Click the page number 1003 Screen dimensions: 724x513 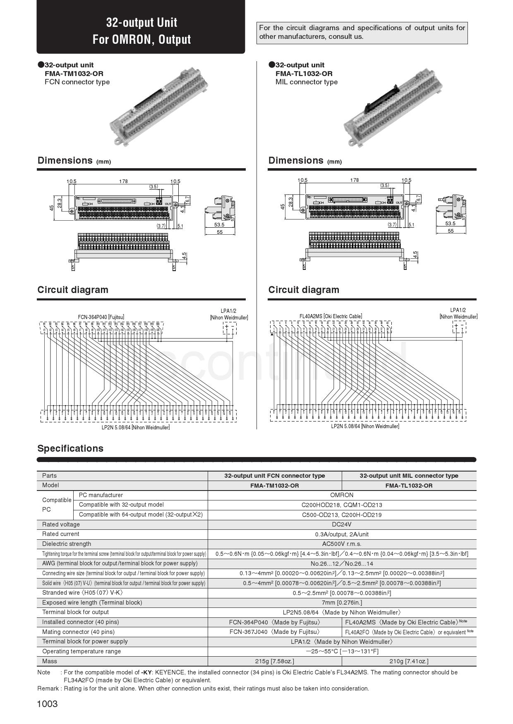48,704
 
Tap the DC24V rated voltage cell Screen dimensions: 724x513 342,524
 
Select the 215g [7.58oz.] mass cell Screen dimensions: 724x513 275,661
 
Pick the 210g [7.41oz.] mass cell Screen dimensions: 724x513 409,661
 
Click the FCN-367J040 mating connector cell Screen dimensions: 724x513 275,632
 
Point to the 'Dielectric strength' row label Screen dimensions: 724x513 67,544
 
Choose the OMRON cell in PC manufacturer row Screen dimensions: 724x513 342,495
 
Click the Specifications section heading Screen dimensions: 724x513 70,448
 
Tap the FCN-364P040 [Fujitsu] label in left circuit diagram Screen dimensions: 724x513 101,317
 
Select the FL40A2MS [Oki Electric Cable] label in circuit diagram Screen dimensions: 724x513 331,316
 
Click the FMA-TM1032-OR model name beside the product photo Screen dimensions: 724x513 74,74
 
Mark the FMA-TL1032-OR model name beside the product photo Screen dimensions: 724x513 304,74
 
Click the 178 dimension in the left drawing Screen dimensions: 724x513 123,181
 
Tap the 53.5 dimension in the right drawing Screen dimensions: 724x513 450,224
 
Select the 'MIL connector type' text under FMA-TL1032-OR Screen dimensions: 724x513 307,82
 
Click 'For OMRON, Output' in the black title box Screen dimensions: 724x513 141,40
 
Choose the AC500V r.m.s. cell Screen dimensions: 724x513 342,544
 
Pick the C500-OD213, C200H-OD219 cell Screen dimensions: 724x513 342,515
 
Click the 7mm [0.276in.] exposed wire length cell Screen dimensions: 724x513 342,603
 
